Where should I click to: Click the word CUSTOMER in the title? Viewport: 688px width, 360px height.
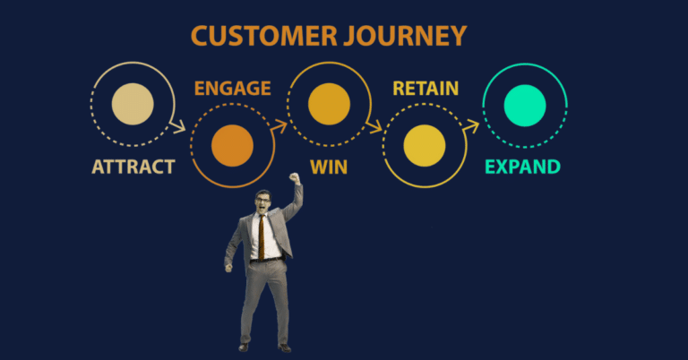(260, 37)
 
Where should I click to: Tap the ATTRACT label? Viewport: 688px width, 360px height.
(133, 167)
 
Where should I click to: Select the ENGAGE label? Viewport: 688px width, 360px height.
(232, 89)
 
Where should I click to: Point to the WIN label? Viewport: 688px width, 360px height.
(328, 167)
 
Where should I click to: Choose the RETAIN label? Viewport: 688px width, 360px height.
(426, 89)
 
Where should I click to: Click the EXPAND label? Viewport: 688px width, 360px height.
(522, 167)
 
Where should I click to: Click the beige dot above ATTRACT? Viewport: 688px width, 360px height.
(133, 103)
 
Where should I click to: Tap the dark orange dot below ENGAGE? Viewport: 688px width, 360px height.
(232, 144)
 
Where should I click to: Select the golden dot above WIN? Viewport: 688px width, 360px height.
(328, 103)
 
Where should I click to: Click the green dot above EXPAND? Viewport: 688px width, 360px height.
(523, 103)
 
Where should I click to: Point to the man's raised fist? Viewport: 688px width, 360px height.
(295, 177)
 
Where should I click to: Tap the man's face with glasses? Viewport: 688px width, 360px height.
(262, 202)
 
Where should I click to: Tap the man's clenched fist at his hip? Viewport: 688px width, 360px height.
(229, 266)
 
